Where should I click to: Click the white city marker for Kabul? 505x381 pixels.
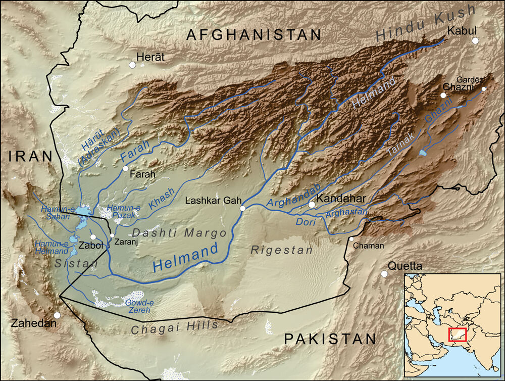point(475,40)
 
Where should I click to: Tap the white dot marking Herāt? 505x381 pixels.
point(133,65)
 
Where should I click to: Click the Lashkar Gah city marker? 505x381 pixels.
point(243,208)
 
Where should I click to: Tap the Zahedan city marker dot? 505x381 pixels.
point(58,315)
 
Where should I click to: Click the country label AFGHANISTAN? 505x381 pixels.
point(254,34)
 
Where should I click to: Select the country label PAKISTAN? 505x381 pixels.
point(330,339)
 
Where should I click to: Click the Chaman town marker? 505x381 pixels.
point(351,239)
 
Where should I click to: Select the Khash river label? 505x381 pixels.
point(162,200)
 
